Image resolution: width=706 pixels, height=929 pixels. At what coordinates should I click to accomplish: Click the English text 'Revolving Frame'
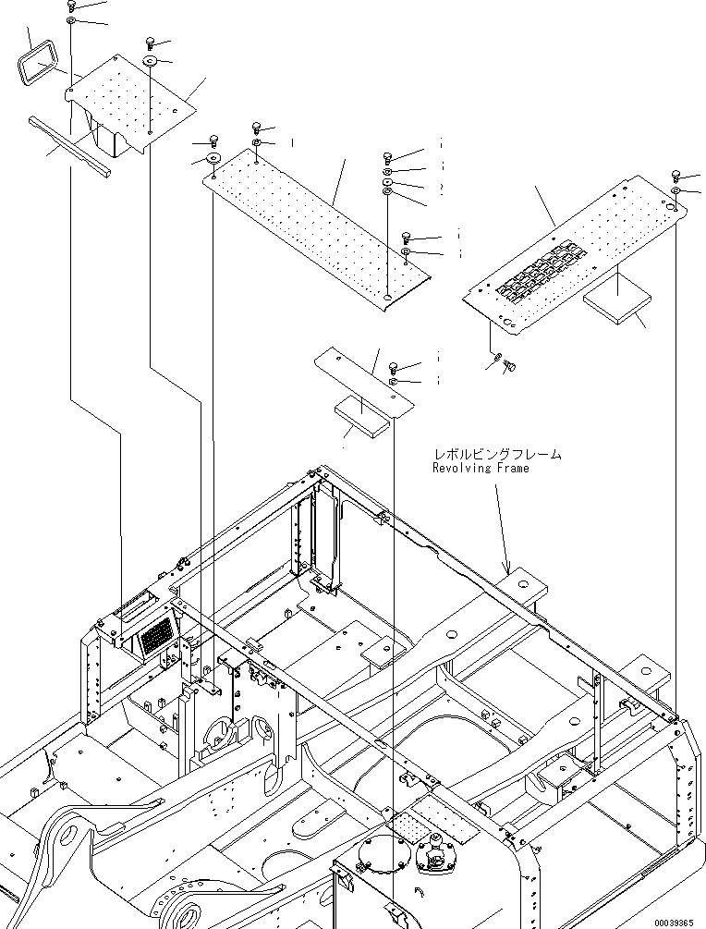click(x=481, y=469)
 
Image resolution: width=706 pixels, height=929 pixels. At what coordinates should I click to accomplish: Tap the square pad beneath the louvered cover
click(x=617, y=300)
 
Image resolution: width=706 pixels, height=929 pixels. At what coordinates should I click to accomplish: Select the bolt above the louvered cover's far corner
click(x=676, y=175)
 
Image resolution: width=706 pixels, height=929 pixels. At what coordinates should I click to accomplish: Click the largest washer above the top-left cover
click(x=150, y=62)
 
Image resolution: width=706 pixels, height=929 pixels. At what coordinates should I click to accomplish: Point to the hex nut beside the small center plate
click(x=393, y=380)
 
